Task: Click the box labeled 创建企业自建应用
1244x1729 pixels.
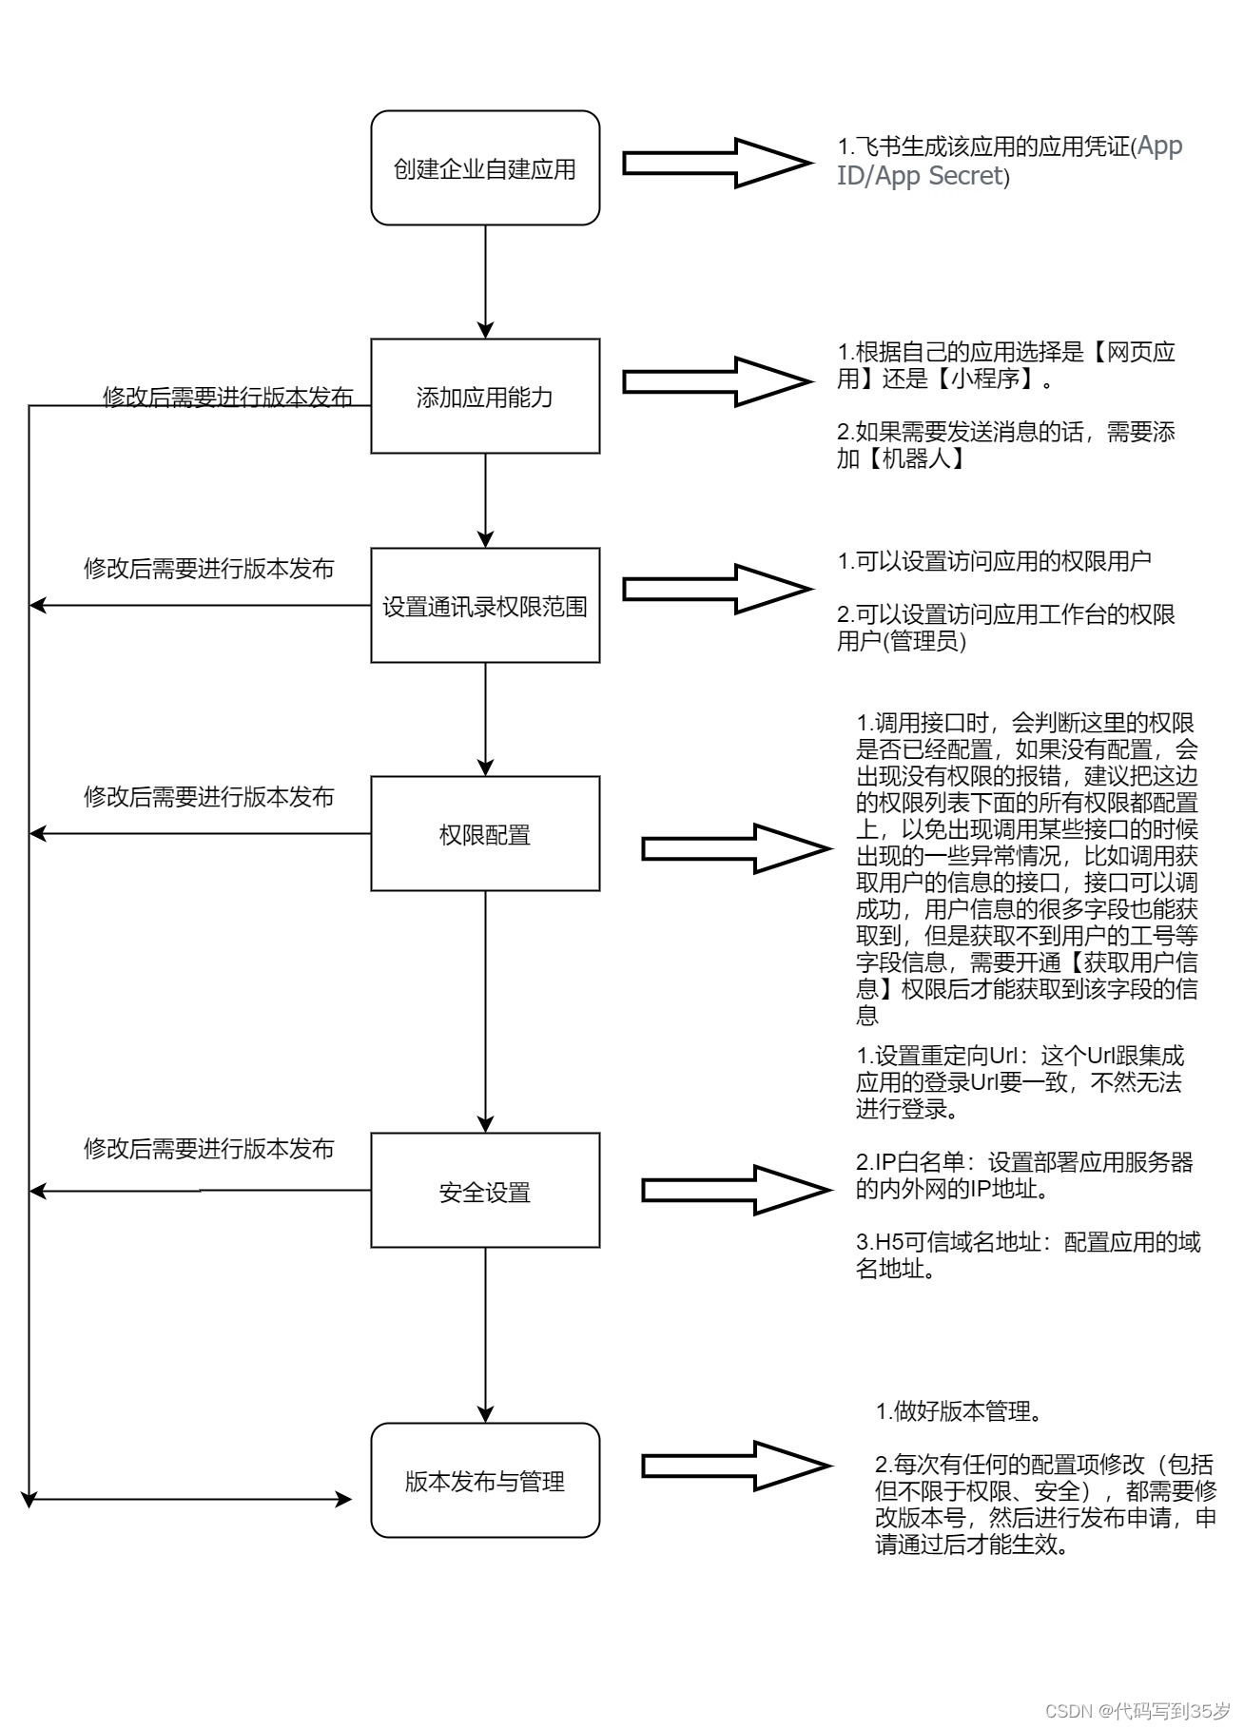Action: [485, 168]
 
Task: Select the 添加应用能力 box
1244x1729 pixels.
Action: [485, 397]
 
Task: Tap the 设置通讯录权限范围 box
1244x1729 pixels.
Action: [485, 606]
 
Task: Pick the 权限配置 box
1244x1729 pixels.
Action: [485, 834]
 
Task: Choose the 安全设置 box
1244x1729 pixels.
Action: [485, 1191]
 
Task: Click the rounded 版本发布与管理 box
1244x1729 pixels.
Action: [485, 1481]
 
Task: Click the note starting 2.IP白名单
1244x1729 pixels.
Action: [1023, 1175]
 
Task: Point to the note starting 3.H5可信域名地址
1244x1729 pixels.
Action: [1027, 1255]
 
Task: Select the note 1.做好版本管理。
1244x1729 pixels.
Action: [959, 1411]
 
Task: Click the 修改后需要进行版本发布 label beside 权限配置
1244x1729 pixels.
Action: [209, 797]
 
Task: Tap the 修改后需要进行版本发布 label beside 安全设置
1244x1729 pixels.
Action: [209, 1149]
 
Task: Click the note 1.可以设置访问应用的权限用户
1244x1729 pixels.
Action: [994, 561]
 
